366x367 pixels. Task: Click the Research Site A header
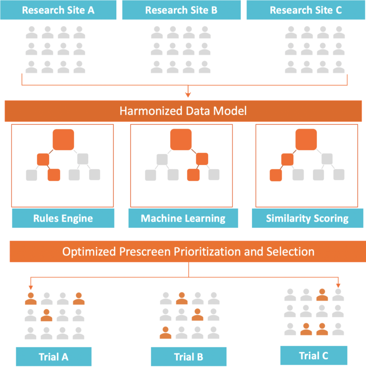pyautogui.click(x=58, y=10)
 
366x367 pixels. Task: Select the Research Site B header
pyautogui.click(x=181, y=10)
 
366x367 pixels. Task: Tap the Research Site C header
pyautogui.click(x=305, y=10)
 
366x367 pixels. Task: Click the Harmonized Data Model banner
pyautogui.click(x=183, y=111)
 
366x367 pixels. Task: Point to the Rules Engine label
pyautogui.click(x=63, y=219)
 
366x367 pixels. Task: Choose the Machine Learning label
pyautogui.click(x=183, y=219)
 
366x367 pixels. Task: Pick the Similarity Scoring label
pyautogui.click(x=307, y=219)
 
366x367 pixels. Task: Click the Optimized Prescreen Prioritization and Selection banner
pyautogui.click(x=188, y=251)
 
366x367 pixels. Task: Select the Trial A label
pyautogui.click(x=53, y=357)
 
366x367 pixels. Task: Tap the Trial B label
pyautogui.click(x=188, y=357)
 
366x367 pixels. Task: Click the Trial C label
pyautogui.click(x=314, y=356)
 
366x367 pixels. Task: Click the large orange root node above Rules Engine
pyautogui.click(x=63, y=139)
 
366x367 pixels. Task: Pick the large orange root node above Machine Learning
pyautogui.click(x=181, y=139)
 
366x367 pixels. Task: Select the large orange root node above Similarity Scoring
pyautogui.click(x=306, y=139)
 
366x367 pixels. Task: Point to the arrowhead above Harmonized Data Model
pyautogui.click(x=188, y=94)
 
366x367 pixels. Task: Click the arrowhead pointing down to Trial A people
pyautogui.click(x=31, y=287)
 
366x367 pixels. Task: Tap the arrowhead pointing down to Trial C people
pyautogui.click(x=338, y=284)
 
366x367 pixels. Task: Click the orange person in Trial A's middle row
pyautogui.click(x=47, y=315)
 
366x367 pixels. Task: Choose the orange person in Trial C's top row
pyautogui.click(x=322, y=295)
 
